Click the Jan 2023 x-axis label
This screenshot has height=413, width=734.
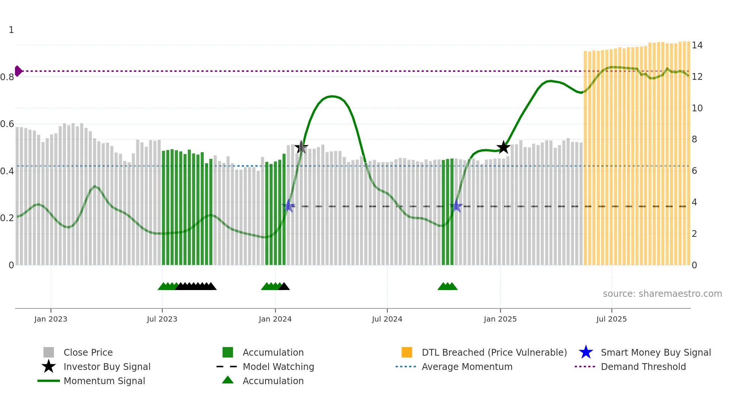point(51,319)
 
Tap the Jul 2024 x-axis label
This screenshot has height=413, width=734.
point(387,319)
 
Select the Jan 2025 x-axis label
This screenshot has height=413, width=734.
point(500,319)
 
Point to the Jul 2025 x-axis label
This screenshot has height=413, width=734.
point(611,319)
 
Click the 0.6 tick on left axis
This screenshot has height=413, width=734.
point(7,124)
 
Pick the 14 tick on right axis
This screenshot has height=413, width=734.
point(697,45)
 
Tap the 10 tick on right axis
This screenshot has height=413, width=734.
point(697,108)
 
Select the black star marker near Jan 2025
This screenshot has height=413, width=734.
point(503,147)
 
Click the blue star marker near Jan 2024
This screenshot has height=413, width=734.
point(288,206)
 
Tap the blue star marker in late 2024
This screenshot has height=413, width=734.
point(457,206)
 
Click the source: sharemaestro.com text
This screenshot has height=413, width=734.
point(662,294)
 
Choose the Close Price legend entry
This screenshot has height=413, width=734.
point(88,352)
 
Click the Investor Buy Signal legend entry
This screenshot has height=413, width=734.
point(107,367)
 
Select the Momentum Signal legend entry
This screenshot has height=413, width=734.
point(104,381)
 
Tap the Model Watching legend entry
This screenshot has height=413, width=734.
point(278,367)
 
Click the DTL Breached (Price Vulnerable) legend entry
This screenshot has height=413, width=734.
point(494,352)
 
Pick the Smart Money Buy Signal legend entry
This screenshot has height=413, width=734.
point(655,352)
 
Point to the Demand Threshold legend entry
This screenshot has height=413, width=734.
point(643,367)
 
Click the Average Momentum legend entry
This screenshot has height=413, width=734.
point(467,367)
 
